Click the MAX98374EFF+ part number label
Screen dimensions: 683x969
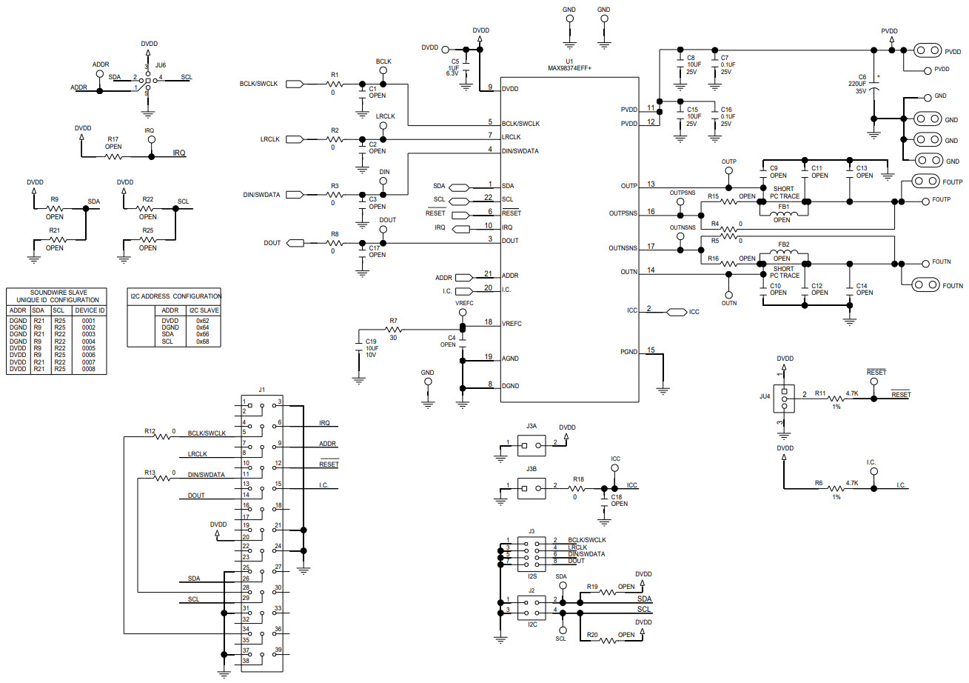(569, 68)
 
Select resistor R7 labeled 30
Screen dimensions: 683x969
(394, 329)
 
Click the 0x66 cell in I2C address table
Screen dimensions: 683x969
(202, 334)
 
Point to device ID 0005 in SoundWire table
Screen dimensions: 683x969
(89, 348)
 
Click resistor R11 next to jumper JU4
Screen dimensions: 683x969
(835, 399)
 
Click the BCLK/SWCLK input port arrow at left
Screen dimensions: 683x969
(294, 84)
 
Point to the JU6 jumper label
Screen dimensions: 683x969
(161, 65)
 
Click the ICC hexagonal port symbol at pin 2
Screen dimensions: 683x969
(675, 312)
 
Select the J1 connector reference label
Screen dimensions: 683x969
(261, 389)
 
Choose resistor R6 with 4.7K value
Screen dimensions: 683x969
(835, 487)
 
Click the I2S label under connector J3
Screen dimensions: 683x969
(532, 576)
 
